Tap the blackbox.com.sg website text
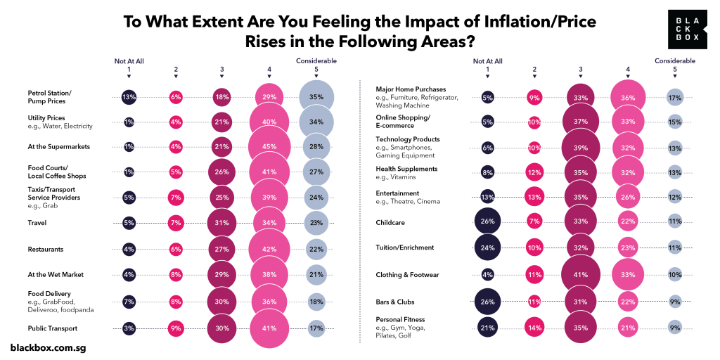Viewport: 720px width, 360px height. [49, 347]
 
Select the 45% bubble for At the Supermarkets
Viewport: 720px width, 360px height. [269, 146]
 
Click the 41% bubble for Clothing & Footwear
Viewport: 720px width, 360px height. [581, 274]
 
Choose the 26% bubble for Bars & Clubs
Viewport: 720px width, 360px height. [488, 301]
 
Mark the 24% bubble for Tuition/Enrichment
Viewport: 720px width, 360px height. [488, 247]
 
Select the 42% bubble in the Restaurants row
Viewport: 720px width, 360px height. [269, 249]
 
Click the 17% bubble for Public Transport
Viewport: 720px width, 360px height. [316, 328]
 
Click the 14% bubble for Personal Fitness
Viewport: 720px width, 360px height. [534, 328]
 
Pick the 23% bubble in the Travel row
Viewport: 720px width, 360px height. [316, 223]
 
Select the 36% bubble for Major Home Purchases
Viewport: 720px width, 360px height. [628, 98]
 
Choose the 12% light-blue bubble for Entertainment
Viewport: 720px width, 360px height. [675, 198]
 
